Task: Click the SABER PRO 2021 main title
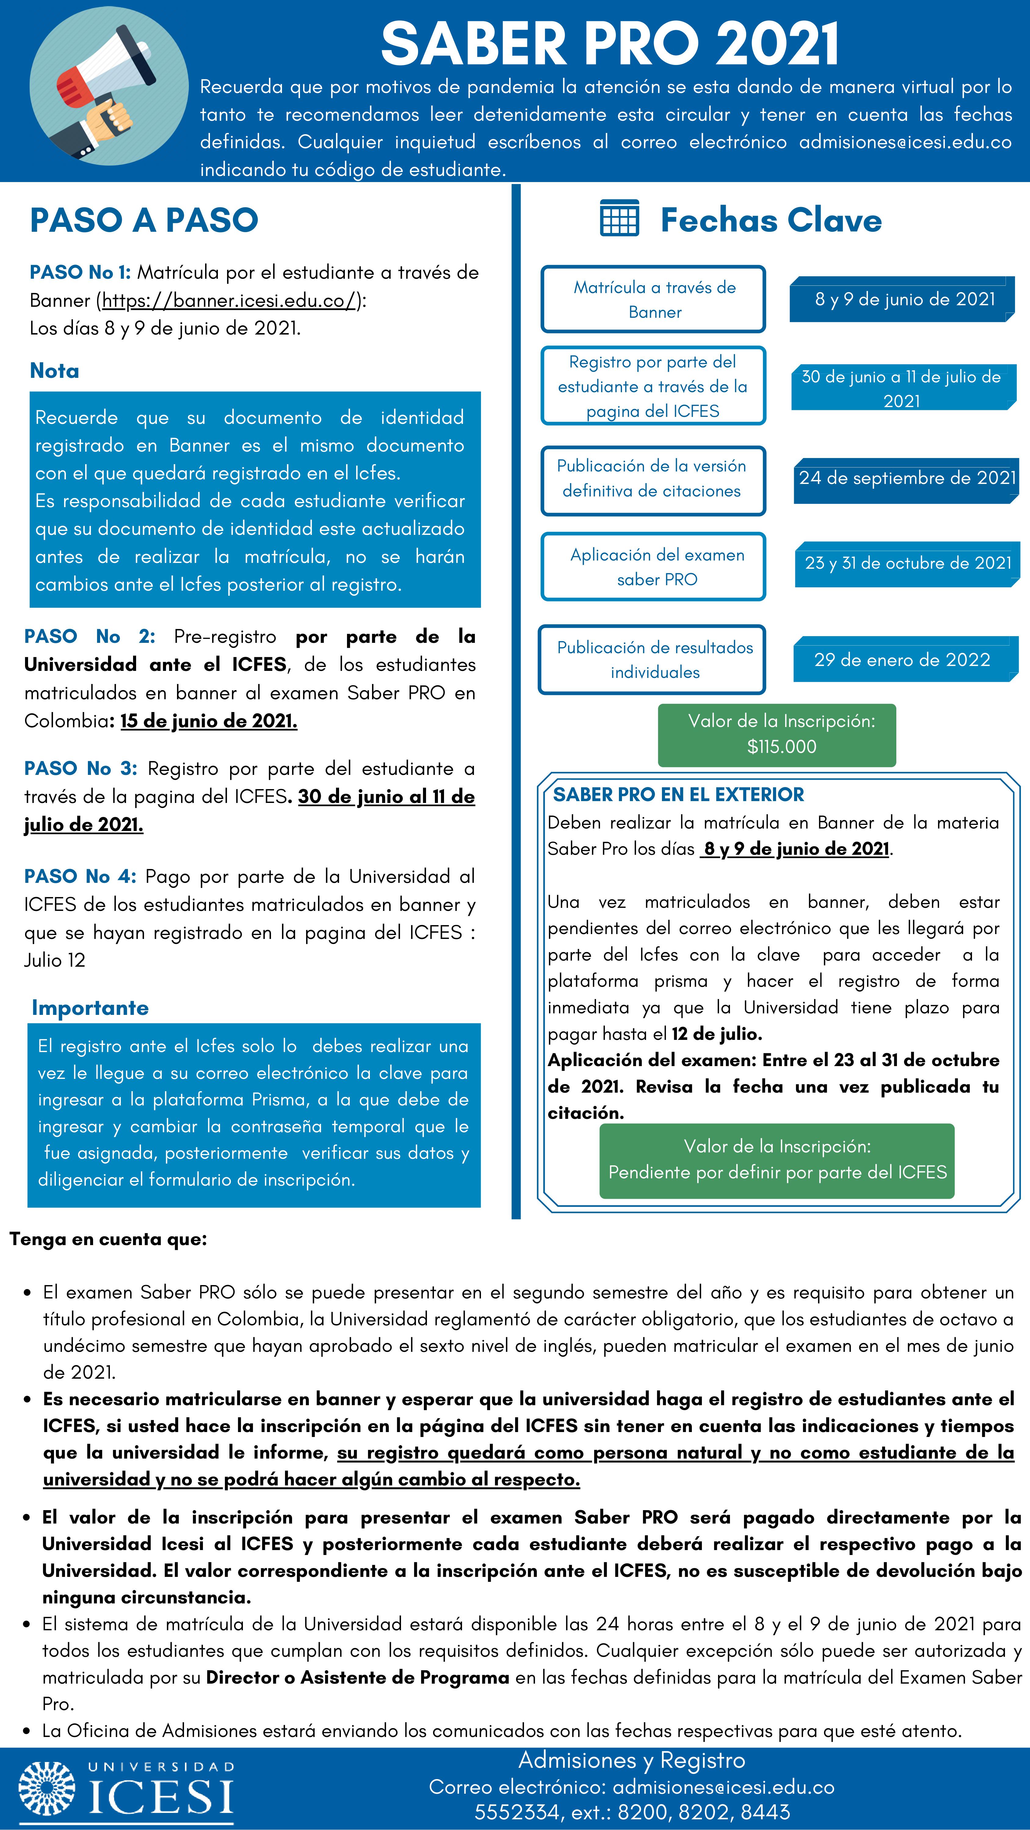610,44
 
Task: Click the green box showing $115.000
777,735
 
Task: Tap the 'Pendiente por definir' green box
777,1160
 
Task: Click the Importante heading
90,1008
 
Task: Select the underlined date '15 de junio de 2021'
208,721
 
